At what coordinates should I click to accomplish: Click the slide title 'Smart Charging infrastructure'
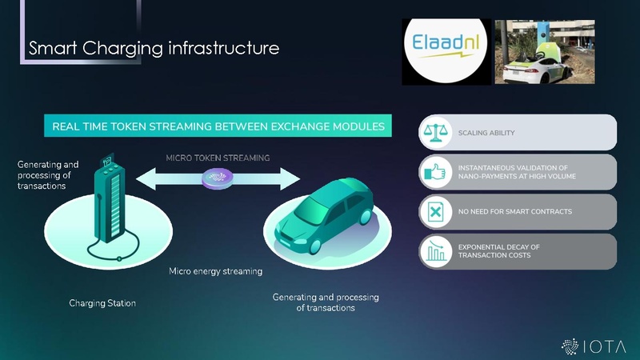point(154,49)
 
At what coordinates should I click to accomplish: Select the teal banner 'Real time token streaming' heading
point(218,126)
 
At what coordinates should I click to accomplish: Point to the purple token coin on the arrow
point(217,180)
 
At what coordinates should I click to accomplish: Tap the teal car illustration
point(326,212)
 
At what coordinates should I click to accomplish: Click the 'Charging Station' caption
point(102,303)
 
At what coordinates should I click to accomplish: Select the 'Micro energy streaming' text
point(215,271)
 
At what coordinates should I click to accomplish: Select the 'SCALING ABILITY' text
point(486,133)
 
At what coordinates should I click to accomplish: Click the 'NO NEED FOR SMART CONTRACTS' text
point(514,212)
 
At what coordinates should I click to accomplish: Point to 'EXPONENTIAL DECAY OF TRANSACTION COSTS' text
point(498,251)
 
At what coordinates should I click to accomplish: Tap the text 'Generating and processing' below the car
point(326,298)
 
